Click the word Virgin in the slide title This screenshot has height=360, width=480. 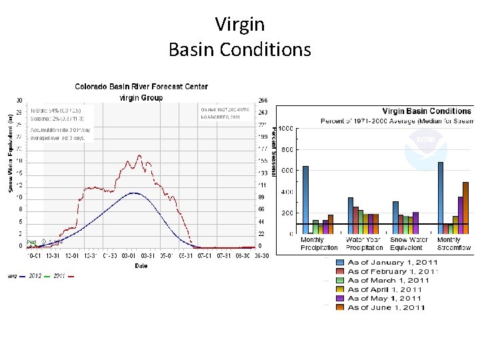(240, 25)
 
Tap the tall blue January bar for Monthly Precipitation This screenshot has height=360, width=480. (305, 199)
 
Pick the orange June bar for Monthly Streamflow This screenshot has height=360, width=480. (466, 207)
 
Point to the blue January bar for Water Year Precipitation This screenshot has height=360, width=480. (351, 215)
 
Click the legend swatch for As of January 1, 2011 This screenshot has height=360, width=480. (340, 263)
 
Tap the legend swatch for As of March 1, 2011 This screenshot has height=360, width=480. (340, 281)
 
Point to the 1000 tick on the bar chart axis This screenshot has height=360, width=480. (287, 128)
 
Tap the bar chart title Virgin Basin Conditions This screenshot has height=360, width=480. (427, 111)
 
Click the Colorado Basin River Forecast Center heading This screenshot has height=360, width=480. (141, 87)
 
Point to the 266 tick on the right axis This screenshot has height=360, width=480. (263, 101)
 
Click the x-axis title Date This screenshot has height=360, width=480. (141, 265)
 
